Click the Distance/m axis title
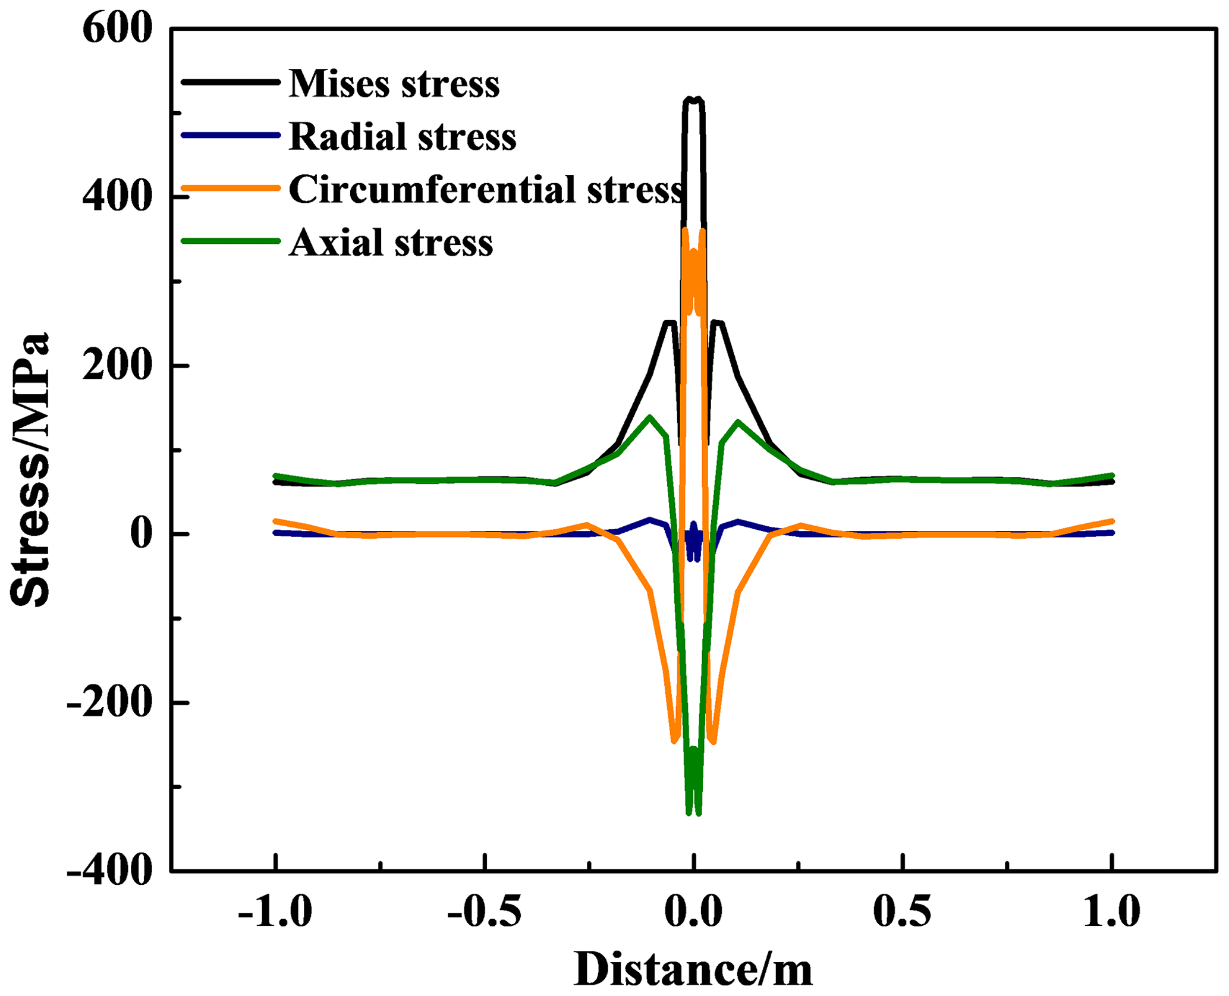coord(693,970)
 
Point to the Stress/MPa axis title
coord(30,470)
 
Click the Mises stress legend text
coord(394,83)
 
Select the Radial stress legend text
coord(403,136)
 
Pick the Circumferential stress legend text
coord(486,189)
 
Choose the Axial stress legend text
coord(391,242)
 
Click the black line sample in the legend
coord(231,82)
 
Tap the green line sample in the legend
coord(231,241)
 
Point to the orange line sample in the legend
coord(231,188)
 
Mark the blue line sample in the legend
coord(231,135)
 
